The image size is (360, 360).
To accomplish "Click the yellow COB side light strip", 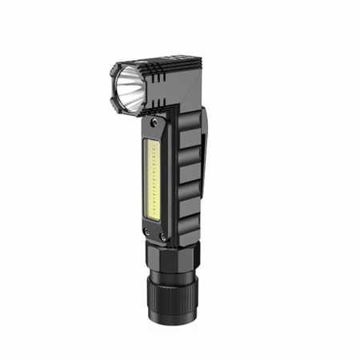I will [x=153, y=181].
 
